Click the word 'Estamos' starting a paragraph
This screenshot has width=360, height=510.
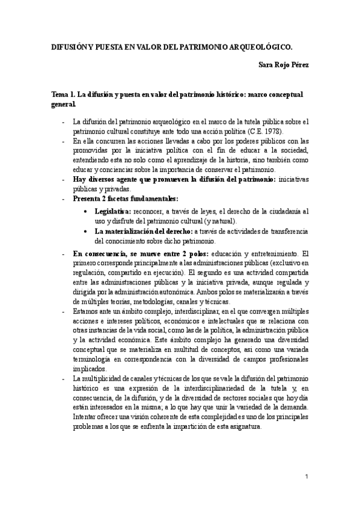[x=85, y=311]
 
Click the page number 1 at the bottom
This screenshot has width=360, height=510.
[x=307, y=477]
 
